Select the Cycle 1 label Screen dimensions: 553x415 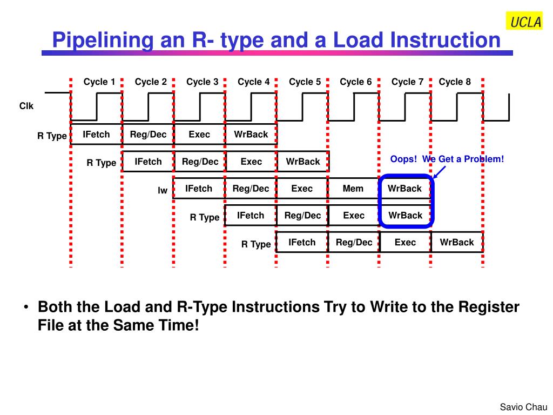[99, 82]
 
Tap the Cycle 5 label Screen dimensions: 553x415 [305, 82]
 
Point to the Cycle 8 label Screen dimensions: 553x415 [455, 82]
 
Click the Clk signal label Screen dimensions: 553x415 [26, 106]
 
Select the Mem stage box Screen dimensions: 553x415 [353, 189]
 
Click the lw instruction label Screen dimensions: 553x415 [162, 190]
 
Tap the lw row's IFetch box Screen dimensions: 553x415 [199, 189]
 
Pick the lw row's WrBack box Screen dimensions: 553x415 [405, 189]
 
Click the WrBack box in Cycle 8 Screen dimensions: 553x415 [457, 242]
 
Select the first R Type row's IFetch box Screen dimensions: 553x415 [96, 134]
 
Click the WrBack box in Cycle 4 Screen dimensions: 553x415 [251, 134]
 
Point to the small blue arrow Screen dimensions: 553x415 [439, 172]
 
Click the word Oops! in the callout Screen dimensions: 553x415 [403, 159]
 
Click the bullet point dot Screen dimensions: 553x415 [26, 307]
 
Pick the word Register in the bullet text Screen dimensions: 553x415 [488, 307]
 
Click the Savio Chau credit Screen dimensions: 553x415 [523, 407]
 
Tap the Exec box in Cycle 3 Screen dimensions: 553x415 [199, 134]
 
